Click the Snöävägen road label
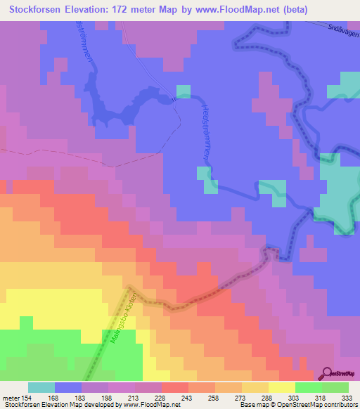[x=340, y=31]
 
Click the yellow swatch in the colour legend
[x=281, y=387]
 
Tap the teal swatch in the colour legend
[x=41, y=387]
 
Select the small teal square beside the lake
[x=183, y=91]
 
